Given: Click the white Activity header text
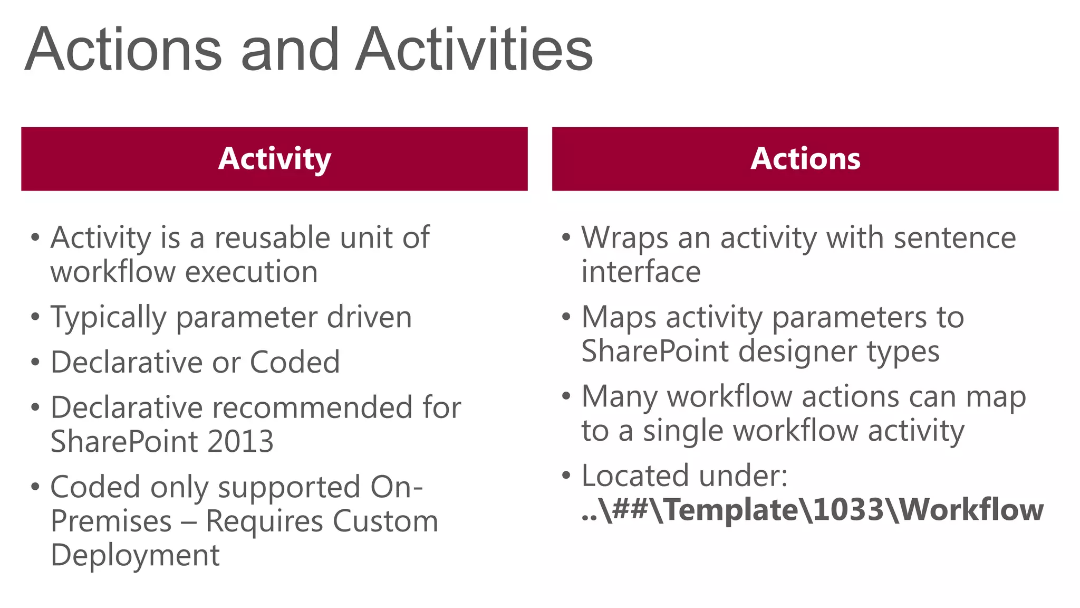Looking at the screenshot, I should [274, 159].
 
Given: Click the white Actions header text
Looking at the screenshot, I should [805, 159].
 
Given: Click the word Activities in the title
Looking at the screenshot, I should [474, 50].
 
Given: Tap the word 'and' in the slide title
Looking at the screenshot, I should [290, 50].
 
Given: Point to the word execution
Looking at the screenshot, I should [252, 272].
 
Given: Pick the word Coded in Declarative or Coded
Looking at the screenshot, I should [295, 363].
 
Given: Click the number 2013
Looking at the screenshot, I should [240, 442].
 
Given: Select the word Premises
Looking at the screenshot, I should [111, 521].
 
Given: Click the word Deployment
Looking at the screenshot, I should [135, 556].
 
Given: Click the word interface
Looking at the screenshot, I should [641, 272].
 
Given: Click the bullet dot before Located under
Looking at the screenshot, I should [566, 476].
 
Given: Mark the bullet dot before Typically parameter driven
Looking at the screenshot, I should [35, 317].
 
